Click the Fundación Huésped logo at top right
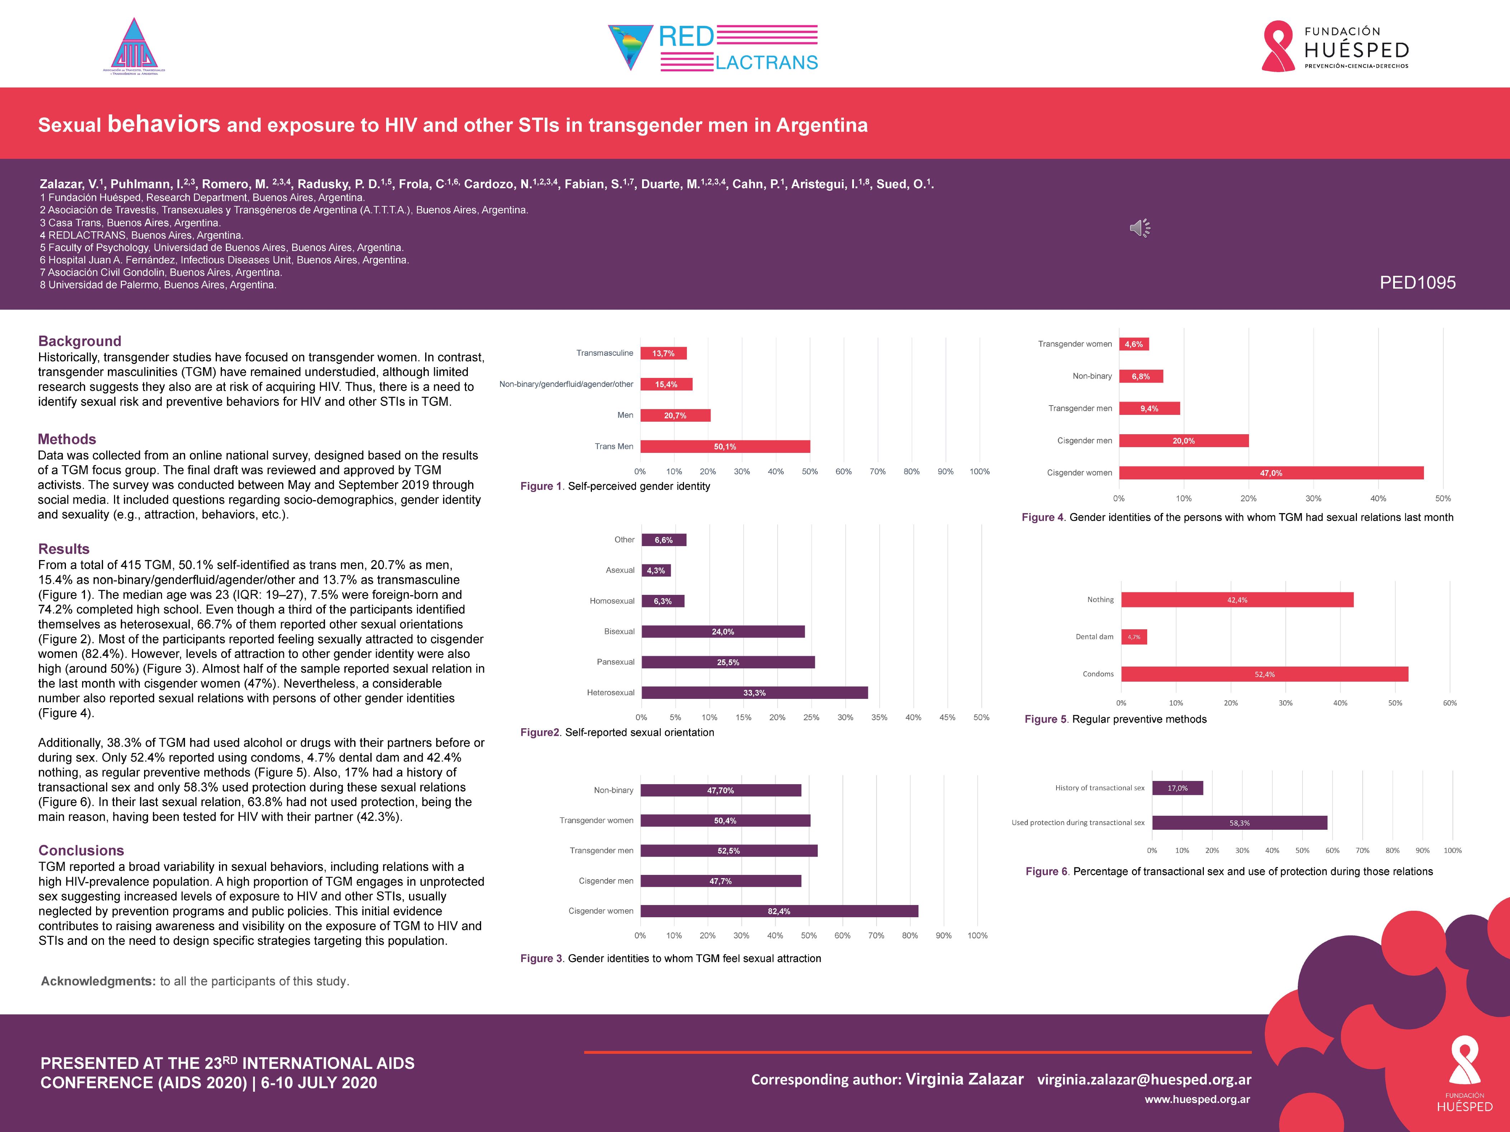click(1335, 46)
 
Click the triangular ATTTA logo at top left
click(134, 46)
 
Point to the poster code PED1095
click(1417, 283)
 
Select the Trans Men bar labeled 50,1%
click(725, 446)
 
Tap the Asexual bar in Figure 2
click(656, 570)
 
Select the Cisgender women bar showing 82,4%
click(779, 911)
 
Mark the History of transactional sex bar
click(1178, 788)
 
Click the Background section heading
click(80, 341)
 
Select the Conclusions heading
click(81, 850)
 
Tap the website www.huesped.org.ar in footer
click(1197, 1099)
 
